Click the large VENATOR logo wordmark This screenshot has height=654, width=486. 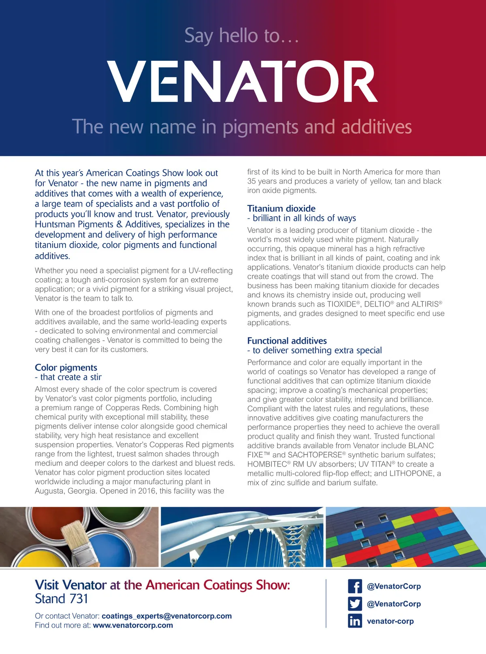pos(242,81)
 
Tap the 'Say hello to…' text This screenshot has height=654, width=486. pos(242,36)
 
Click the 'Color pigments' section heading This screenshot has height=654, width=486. pos(66,367)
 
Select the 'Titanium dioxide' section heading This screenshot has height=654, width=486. pos(281,208)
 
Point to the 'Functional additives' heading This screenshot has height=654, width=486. pos(287,341)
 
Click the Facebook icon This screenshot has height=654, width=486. pos(355,586)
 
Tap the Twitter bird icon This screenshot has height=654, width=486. pos(355,604)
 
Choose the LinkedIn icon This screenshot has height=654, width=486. pos(355,621)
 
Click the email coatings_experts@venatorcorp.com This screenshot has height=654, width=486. pos(166,616)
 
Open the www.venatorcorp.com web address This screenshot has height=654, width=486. pos(133,625)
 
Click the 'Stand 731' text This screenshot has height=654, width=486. pos(61,599)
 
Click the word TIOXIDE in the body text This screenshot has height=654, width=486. pos(341,304)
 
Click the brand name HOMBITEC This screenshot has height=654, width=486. pos(267,464)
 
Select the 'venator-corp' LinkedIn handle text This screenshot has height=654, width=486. pos(390,621)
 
